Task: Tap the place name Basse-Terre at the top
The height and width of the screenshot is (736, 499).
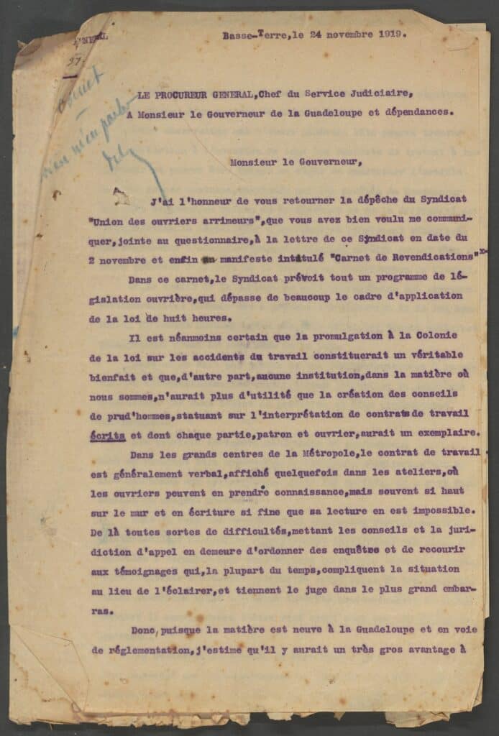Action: (247, 34)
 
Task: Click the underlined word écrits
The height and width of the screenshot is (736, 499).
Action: (109, 435)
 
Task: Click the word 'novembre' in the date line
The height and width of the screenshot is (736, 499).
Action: (346, 33)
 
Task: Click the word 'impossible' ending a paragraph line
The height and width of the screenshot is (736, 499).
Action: (444, 511)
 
